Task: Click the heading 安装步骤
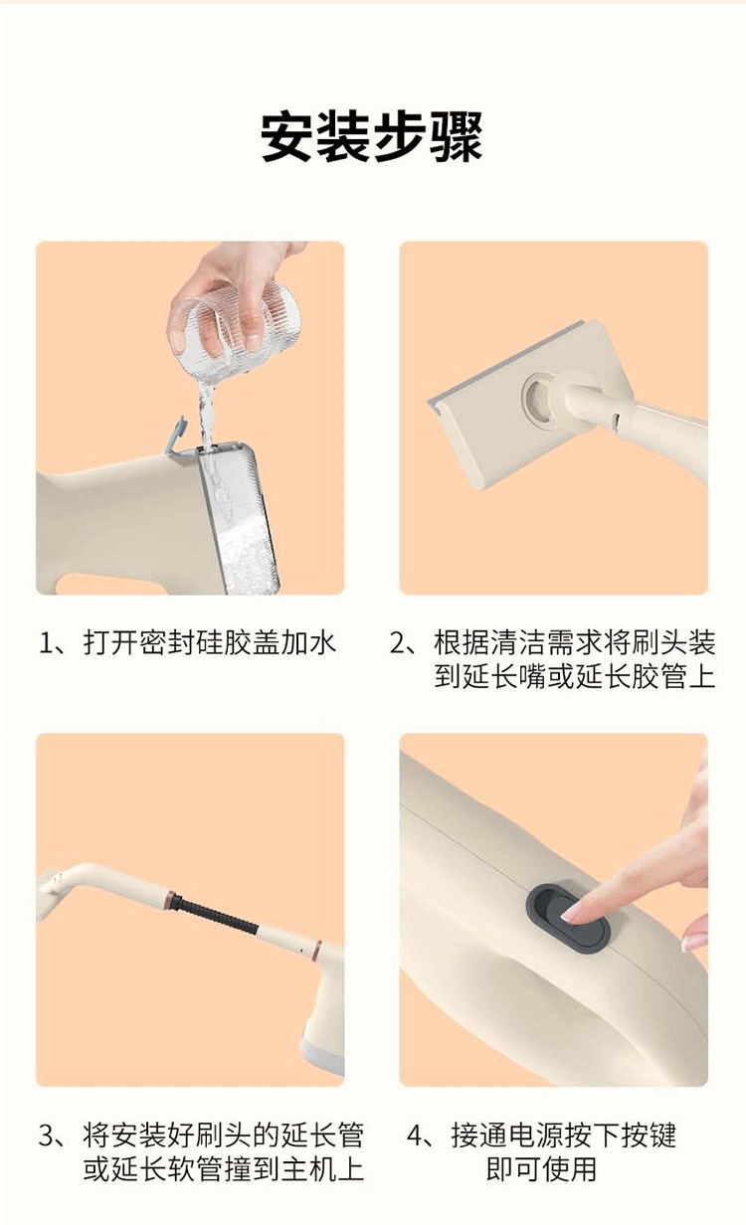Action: point(372,137)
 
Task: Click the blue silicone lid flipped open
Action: point(176,435)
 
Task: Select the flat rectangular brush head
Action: point(524,405)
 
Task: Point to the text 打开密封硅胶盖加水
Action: point(210,643)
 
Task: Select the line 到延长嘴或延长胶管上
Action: point(574,676)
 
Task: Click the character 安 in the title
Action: point(286,137)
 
